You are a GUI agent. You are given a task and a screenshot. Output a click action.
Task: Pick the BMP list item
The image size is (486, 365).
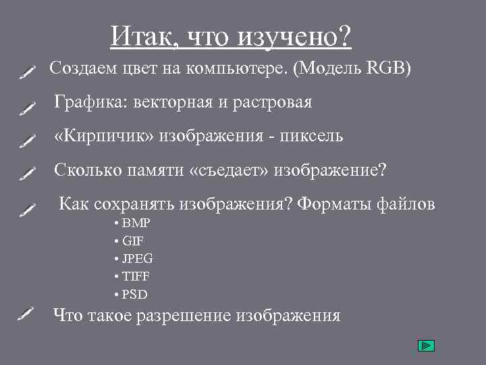136,223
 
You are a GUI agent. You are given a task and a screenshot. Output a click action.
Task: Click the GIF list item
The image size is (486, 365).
133,241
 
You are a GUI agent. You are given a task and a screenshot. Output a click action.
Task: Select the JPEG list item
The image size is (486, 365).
138,259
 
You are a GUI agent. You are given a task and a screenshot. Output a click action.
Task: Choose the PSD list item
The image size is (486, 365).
135,295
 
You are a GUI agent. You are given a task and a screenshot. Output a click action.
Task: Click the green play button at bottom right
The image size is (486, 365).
426,346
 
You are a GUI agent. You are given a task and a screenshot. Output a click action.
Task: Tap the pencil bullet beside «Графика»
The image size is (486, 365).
28,107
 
